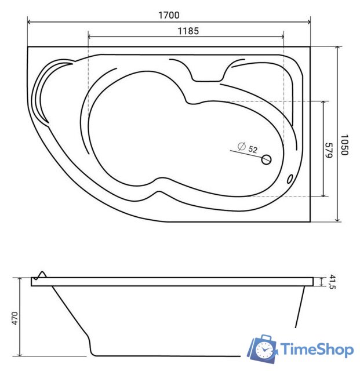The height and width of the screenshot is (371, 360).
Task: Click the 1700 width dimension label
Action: pyautogui.click(x=169, y=15)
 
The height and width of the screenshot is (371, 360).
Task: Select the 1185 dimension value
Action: pyautogui.click(x=188, y=31)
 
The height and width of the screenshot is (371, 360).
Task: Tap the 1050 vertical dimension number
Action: pyautogui.click(x=344, y=145)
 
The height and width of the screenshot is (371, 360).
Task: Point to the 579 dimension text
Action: pyautogui.click(x=329, y=150)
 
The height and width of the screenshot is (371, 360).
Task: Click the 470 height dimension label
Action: pyautogui.click(x=14, y=318)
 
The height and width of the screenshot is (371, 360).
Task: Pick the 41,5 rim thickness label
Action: pyautogui.click(x=332, y=282)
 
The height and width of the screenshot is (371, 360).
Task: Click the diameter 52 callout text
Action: pyautogui.click(x=248, y=148)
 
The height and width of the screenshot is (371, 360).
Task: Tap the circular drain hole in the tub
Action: pyautogui.click(x=266, y=159)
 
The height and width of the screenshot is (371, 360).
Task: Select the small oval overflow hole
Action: pyautogui.click(x=290, y=179)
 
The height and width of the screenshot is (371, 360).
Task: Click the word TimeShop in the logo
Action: pyautogui.click(x=317, y=350)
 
